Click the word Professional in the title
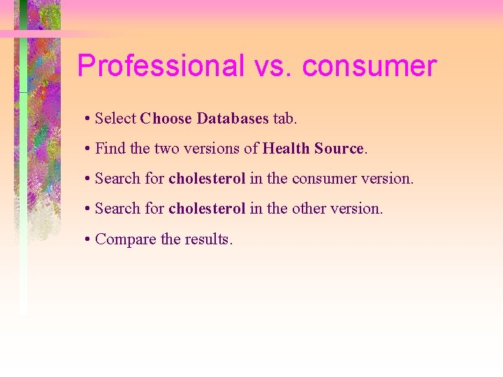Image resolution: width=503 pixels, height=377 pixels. click(x=160, y=66)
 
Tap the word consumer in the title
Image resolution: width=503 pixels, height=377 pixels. click(x=370, y=66)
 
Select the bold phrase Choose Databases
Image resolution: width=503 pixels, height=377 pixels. click(x=204, y=119)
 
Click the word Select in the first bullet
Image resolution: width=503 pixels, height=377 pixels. click(x=115, y=119)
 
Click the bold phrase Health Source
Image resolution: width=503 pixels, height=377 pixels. click(x=313, y=149)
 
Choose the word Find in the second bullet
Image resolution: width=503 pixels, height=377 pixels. click(x=108, y=149)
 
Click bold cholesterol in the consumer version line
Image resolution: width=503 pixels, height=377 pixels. click(x=207, y=179)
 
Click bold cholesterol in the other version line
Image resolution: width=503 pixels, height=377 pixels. click(x=207, y=209)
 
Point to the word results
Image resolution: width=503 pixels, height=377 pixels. click(x=208, y=239)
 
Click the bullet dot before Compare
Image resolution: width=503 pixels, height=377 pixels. click(x=86, y=239)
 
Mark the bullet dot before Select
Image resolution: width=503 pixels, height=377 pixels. click(x=86, y=119)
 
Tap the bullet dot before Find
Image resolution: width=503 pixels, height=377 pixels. click(x=86, y=149)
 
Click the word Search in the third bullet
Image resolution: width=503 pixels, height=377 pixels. click(x=117, y=179)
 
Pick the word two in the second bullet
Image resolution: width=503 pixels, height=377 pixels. click(x=166, y=149)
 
